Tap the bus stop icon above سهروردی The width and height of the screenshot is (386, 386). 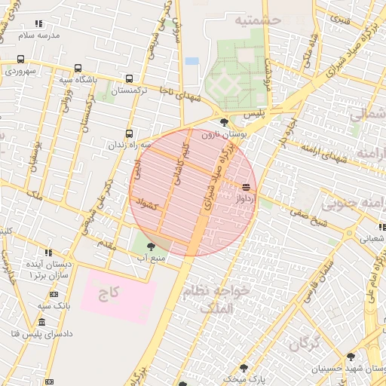click(20, 59)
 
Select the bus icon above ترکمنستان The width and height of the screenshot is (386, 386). click(130, 78)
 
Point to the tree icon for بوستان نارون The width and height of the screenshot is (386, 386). click(224, 121)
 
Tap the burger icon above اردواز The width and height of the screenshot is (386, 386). click(246, 186)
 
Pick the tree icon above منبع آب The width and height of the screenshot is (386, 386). click(151, 246)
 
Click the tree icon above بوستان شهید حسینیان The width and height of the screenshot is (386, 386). click(350, 357)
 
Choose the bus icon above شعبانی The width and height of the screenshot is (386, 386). click(382, 227)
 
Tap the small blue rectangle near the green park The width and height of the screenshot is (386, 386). click(191, 60)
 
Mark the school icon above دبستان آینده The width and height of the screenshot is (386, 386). click(49, 253)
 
